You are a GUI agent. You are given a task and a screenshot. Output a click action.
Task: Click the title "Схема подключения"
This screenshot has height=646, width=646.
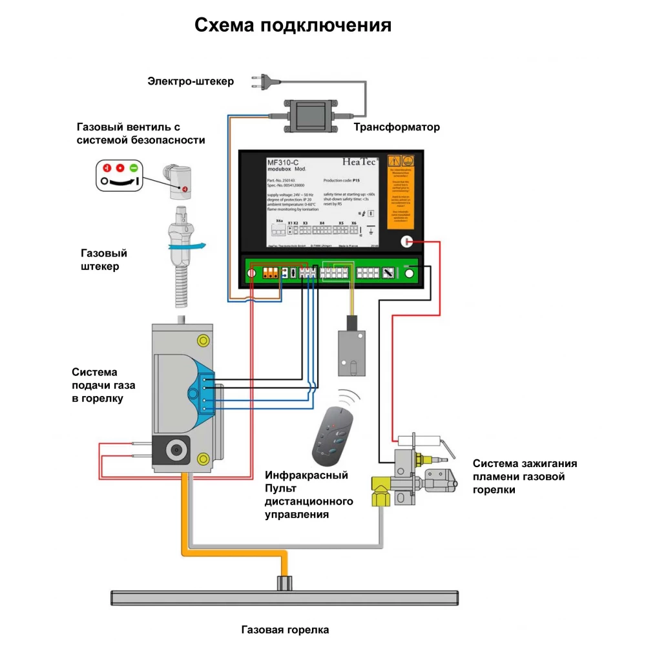(x=293, y=25)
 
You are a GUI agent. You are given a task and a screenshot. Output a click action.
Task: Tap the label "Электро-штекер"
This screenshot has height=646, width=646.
(x=191, y=81)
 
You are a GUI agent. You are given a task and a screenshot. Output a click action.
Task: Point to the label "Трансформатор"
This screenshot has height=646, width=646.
(x=397, y=127)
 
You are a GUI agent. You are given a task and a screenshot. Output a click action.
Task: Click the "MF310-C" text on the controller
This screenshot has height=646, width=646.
(x=285, y=162)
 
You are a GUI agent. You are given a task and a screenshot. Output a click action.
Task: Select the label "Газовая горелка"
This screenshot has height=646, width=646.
(x=285, y=630)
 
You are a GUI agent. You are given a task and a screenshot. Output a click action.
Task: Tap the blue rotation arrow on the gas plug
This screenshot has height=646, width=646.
(x=194, y=245)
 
